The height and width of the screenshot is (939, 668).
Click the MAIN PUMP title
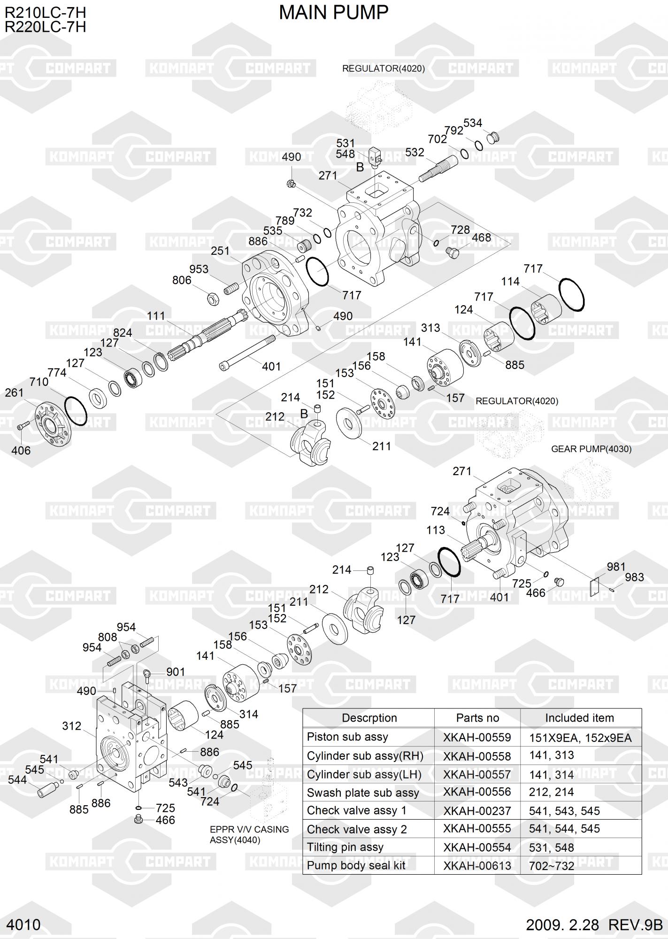[x=333, y=13]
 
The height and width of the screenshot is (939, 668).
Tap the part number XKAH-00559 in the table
[x=476, y=738]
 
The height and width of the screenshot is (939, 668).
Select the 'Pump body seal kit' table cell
[x=356, y=865]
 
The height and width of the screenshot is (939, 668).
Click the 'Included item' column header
[x=579, y=718]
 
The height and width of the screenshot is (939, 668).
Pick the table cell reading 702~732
[x=552, y=866]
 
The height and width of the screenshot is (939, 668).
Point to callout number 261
[x=14, y=393]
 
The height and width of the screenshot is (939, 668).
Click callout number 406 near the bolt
[x=21, y=451]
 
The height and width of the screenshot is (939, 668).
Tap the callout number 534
[x=473, y=123]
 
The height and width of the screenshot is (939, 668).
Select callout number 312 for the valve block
[x=72, y=726]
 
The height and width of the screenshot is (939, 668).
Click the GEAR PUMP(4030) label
[x=591, y=449]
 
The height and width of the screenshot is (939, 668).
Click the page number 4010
[x=24, y=924]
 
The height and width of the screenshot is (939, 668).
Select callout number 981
[x=616, y=567]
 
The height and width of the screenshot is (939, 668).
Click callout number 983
[x=634, y=577]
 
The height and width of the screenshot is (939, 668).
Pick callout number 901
[x=176, y=672]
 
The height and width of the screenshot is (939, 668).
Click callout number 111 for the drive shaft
[x=156, y=316]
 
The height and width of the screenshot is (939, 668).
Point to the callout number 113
[x=435, y=530]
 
